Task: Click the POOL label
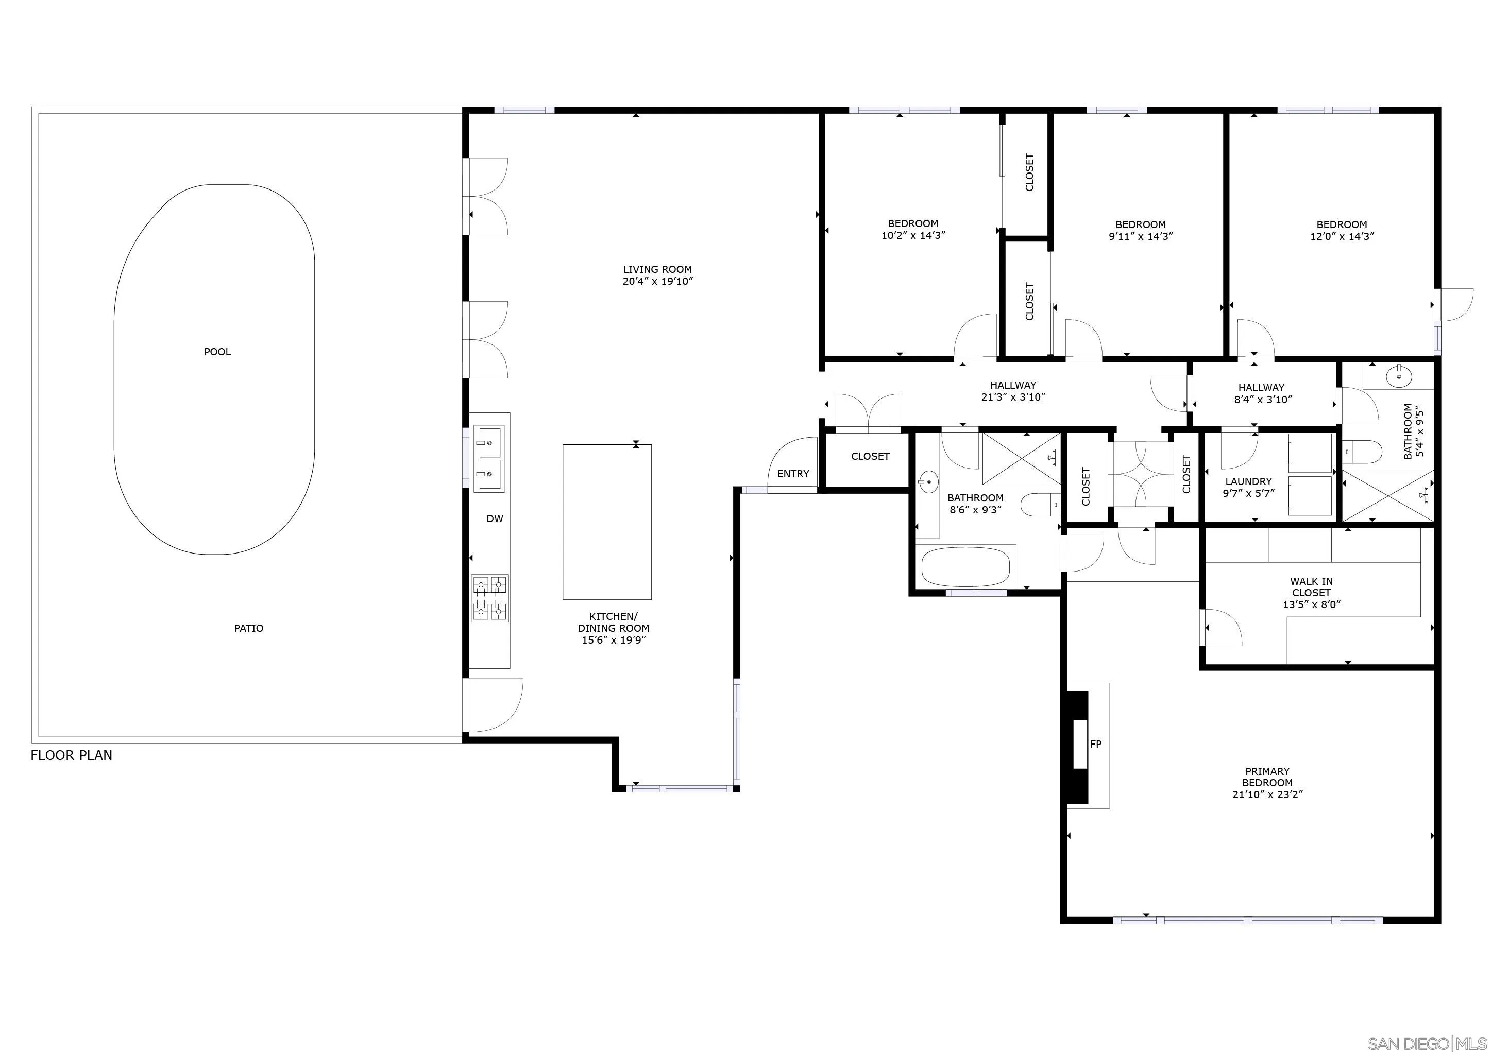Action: coord(217,352)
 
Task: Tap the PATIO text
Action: coord(248,628)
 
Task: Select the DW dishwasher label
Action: coord(495,518)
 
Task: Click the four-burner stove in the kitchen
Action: coord(490,598)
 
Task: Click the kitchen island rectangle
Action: coord(607,522)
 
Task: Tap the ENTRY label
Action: coord(793,474)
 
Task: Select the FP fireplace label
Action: coord(1096,744)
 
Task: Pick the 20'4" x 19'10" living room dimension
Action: coord(657,281)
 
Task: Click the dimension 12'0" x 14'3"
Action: coord(1342,236)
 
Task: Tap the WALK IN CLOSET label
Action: coord(1311,587)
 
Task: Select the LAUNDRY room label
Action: coord(1248,481)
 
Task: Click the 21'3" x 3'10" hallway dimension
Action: coord(1013,397)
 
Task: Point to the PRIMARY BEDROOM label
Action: coord(1267,777)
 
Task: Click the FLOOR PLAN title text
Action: coord(72,755)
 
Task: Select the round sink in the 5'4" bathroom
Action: coord(1395,375)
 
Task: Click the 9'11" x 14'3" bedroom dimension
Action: coord(1141,236)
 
